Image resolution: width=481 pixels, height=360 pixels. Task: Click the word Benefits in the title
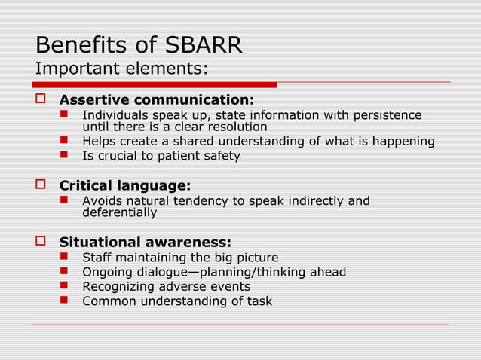click(x=79, y=45)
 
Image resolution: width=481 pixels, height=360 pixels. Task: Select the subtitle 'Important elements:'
click(x=121, y=69)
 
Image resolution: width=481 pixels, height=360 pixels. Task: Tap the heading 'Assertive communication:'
click(x=157, y=100)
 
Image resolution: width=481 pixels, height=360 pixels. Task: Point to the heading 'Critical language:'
click(x=125, y=185)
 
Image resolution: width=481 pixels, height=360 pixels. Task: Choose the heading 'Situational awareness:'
click(x=146, y=242)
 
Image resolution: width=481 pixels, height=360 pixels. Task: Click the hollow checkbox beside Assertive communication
click(x=42, y=99)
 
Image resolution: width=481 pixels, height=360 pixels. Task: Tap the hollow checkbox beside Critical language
click(x=42, y=185)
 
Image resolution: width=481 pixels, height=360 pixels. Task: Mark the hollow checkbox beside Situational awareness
click(x=42, y=241)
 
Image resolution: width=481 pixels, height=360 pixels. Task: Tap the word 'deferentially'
click(x=119, y=212)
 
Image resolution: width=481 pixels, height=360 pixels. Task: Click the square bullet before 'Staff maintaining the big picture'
click(x=66, y=257)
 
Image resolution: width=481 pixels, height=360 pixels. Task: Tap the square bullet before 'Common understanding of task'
click(x=66, y=301)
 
